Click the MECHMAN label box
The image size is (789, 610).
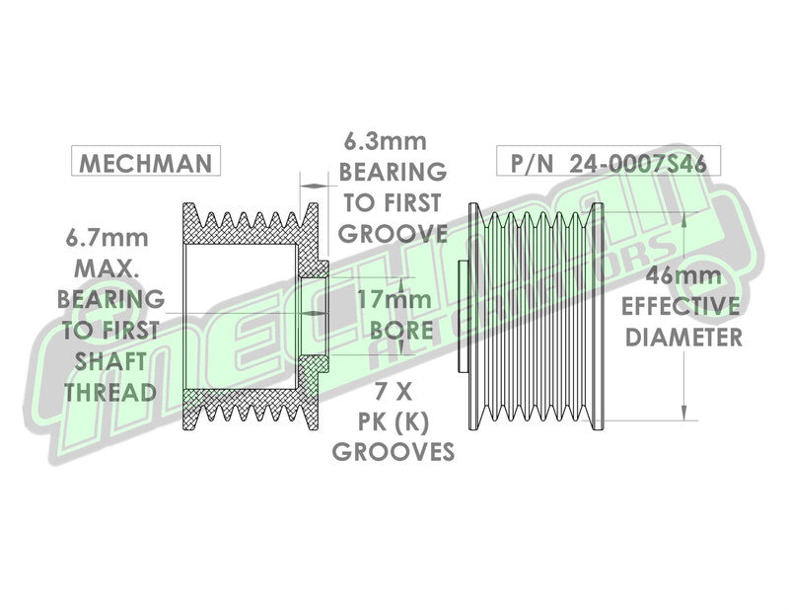[x=146, y=161]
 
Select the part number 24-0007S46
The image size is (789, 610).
[x=637, y=163]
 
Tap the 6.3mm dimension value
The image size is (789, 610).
[x=385, y=141]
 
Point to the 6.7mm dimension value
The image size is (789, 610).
[x=108, y=238]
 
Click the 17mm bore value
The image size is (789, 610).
[x=394, y=300]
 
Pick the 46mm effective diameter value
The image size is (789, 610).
[x=683, y=275]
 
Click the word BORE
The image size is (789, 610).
[x=401, y=331]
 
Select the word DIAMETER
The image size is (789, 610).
[x=683, y=337]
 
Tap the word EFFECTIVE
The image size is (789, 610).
[x=681, y=306]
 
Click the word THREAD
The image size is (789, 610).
[x=110, y=393]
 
